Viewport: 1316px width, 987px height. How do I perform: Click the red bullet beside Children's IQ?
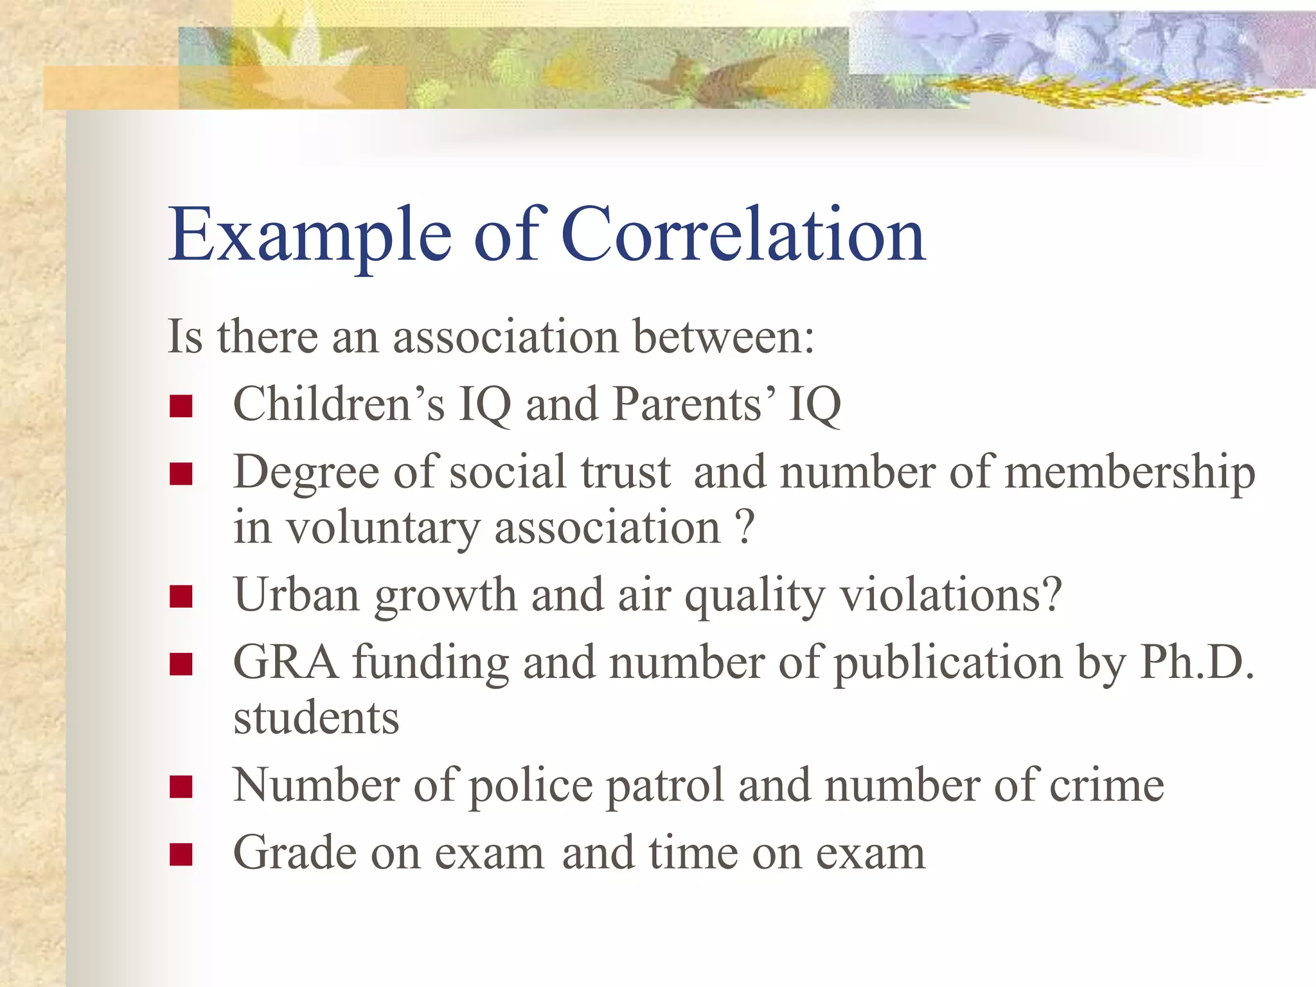[181, 407]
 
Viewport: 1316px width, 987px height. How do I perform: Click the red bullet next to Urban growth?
[181, 597]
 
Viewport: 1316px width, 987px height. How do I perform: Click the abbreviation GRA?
[285, 662]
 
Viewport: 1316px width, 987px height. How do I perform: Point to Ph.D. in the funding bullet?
[1196, 662]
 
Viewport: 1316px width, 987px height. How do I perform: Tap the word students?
[316, 718]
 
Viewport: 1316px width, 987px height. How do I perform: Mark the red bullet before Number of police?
[181, 787]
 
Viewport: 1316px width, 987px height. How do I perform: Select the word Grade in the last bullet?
[294, 853]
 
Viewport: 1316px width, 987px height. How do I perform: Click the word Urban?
[296, 594]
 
